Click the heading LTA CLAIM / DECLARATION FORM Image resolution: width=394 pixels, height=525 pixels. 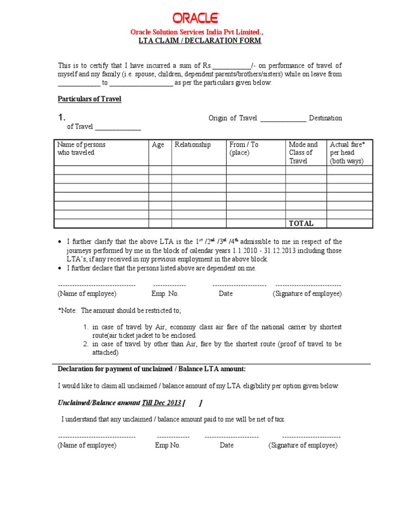click(200, 41)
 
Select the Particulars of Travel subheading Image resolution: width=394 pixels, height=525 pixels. click(89, 99)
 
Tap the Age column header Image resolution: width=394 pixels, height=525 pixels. click(158, 145)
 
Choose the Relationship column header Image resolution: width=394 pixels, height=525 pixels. click(193, 145)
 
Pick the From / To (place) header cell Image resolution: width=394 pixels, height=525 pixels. click(244, 149)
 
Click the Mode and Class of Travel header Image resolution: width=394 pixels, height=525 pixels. click(303, 152)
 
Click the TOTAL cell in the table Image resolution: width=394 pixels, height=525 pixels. click(301, 224)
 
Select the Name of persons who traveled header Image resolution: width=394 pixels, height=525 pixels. click(82, 149)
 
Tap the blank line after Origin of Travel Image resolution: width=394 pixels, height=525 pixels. click(283, 118)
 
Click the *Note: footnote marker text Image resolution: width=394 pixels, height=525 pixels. click(67, 311)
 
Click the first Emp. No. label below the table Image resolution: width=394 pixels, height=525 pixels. click(165, 294)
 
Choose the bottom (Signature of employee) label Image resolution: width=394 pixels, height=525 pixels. click(303, 446)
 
